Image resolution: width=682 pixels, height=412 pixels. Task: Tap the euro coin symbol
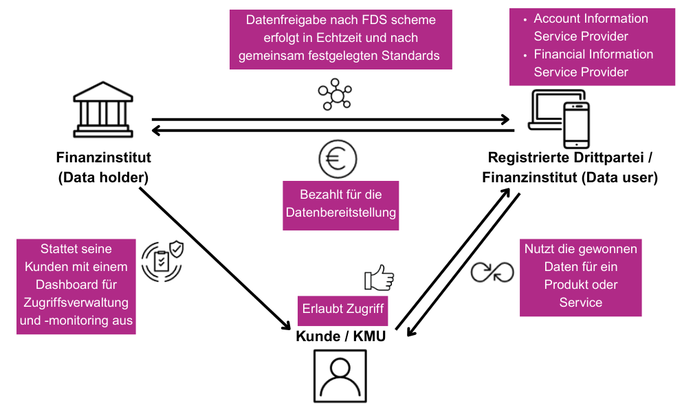[337, 159]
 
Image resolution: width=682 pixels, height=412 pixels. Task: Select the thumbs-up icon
[379, 279]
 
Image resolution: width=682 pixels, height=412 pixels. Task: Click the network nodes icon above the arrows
[335, 95]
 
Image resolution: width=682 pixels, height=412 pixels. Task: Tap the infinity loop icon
[492, 272]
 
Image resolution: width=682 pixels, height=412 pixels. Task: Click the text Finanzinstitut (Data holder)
[104, 167]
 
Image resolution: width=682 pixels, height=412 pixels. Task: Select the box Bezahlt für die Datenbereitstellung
[341, 204]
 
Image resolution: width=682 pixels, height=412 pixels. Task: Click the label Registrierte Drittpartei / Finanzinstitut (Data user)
[570, 167]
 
